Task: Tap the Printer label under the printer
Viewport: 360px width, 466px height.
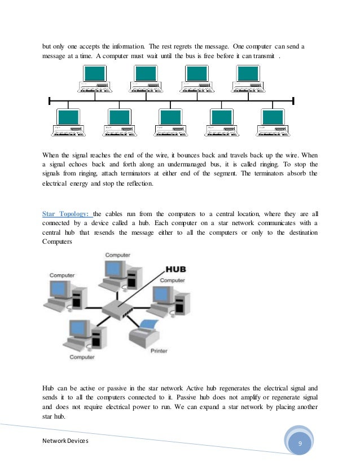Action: point(159,351)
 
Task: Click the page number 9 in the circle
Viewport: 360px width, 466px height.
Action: point(300,445)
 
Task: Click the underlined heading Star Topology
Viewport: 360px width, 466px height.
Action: point(67,214)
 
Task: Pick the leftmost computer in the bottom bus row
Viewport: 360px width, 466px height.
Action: point(68,122)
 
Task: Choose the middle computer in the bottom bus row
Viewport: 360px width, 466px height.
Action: point(171,122)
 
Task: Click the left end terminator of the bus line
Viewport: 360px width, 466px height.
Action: point(50,101)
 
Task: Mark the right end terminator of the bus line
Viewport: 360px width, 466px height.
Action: point(293,101)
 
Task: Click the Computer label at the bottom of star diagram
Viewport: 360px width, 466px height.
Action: point(82,357)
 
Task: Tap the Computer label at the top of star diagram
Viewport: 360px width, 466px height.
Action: point(118,255)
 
